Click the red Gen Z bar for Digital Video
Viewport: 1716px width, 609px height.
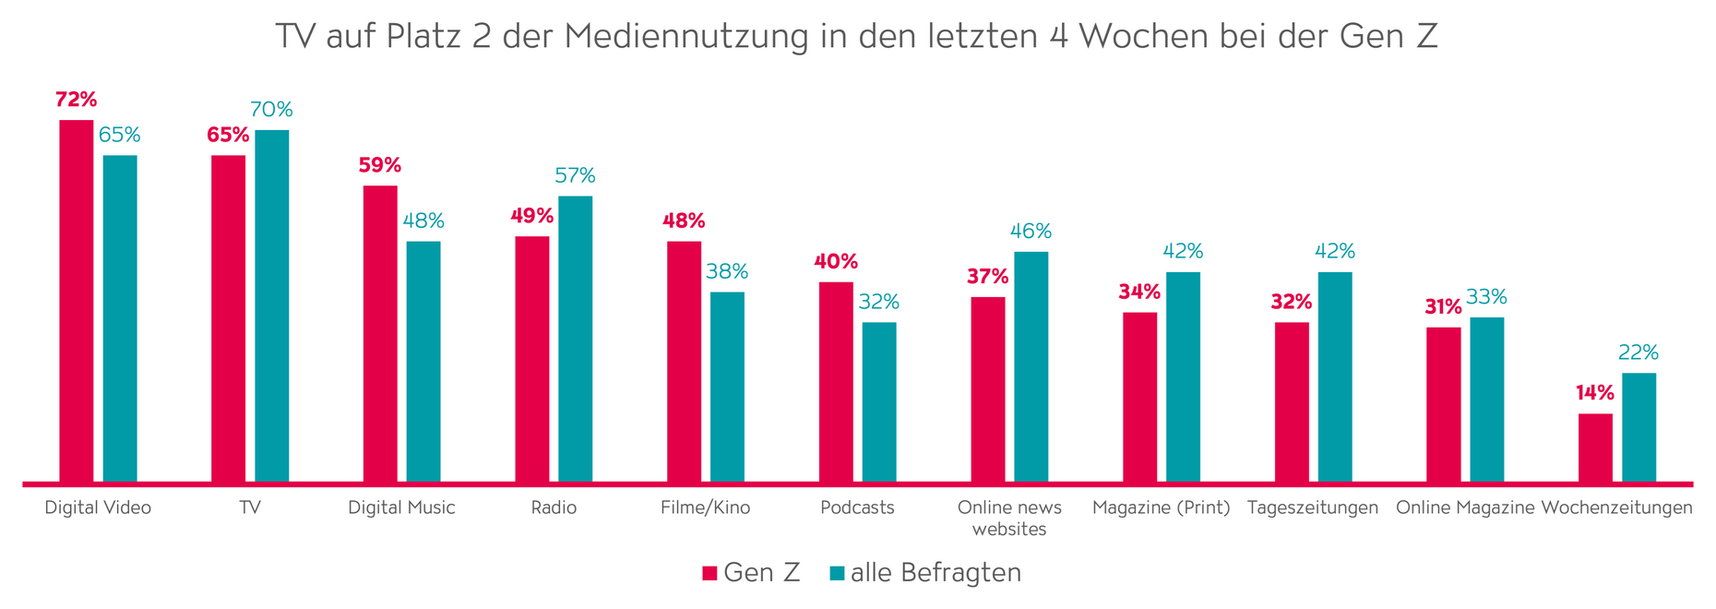click(77, 300)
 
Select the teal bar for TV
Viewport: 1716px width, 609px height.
click(271, 305)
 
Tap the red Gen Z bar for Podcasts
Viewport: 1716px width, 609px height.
click(836, 381)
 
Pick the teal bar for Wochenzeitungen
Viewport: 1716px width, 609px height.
click(1639, 427)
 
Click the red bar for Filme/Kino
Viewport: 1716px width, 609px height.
click(684, 361)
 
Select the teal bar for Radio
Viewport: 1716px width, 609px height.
click(575, 339)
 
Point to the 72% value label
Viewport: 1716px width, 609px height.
click(76, 100)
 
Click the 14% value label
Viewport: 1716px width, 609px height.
click(1594, 393)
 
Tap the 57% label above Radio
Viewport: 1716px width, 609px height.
click(575, 175)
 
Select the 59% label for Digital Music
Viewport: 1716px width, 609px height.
click(380, 165)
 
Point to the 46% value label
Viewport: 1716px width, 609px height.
click(1031, 232)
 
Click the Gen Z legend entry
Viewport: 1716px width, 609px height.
click(751, 573)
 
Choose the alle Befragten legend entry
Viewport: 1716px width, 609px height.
click(925, 573)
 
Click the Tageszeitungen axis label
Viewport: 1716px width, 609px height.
click(1312, 507)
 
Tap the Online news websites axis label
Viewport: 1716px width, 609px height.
click(1009, 518)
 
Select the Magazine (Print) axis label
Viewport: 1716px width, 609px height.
click(1161, 507)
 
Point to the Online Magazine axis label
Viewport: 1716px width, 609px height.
click(1464, 507)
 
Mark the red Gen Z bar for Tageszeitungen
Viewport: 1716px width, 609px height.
click(1292, 401)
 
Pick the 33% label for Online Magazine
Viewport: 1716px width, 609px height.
click(1486, 297)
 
